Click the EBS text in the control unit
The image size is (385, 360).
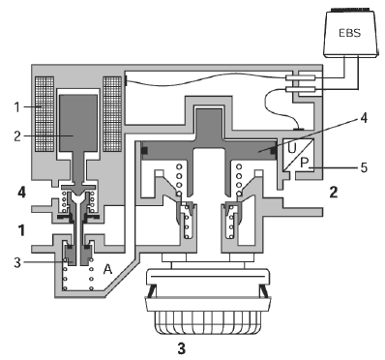click(350, 33)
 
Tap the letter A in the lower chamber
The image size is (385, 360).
click(107, 269)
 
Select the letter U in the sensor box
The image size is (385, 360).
click(292, 148)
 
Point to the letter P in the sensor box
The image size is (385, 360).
click(304, 163)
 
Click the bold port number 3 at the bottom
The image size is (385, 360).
click(182, 348)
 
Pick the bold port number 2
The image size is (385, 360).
click(334, 193)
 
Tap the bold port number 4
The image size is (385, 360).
click(22, 193)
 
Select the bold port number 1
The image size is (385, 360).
click(21, 230)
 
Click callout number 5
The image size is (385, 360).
click(364, 167)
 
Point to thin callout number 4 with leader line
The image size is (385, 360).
click(364, 118)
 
